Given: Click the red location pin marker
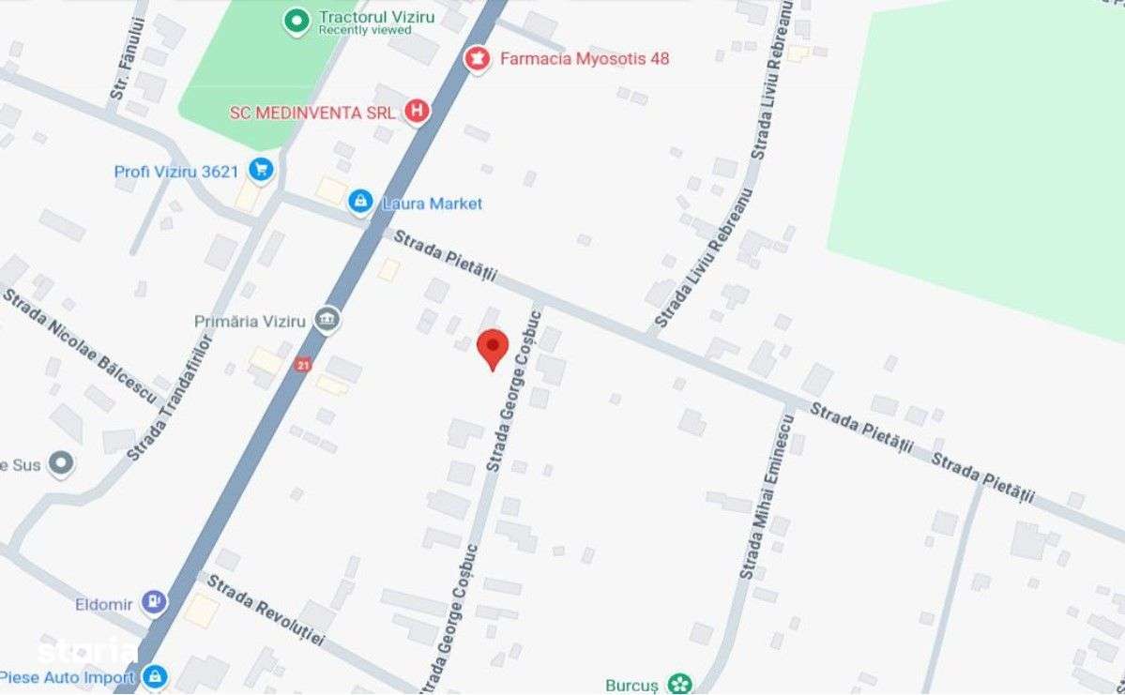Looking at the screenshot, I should tap(493, 348).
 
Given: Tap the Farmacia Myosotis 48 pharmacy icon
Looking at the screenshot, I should tap(479, 59).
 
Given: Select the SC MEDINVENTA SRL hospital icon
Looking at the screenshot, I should tap(417, 113).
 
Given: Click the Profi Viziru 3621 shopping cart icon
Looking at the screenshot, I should tap(260, 171).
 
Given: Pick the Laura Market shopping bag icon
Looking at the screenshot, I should tap(359, 202).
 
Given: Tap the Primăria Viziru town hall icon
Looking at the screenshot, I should tap(327, 321).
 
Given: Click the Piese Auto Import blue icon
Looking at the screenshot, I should tap(155, 675).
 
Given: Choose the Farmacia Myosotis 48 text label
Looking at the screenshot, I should tap(585, 58).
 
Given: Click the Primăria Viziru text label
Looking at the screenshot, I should tap(250, 321).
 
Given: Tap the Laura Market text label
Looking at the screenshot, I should tap(432, 203).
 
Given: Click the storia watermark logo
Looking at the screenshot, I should tap(84, 650).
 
